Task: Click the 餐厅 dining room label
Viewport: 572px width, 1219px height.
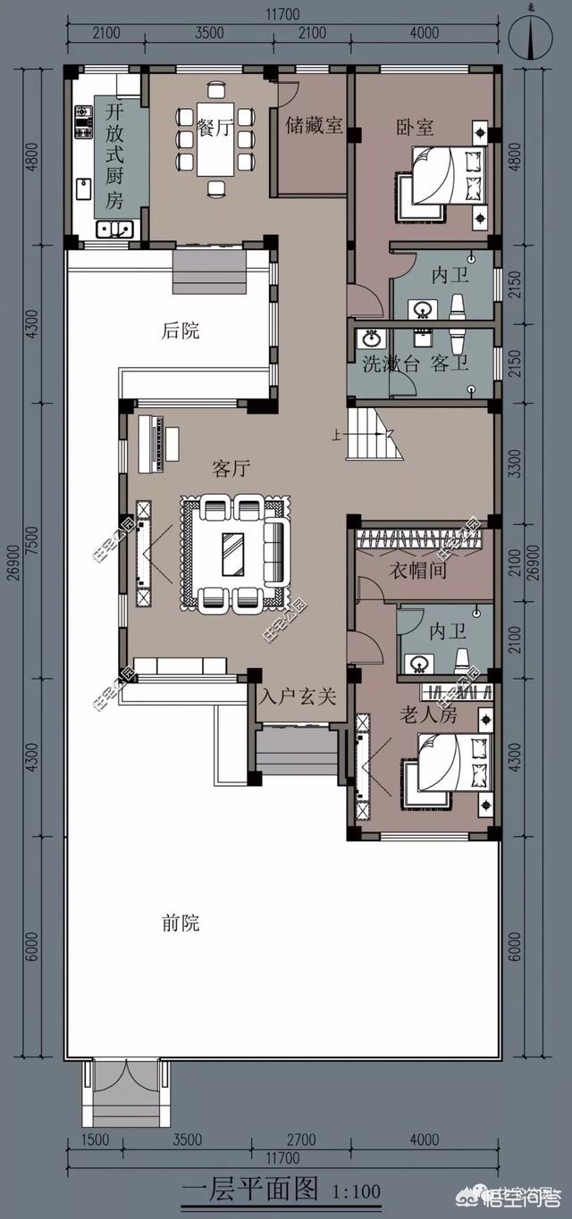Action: (214, 128)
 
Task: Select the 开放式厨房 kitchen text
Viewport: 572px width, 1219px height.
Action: (114, 156)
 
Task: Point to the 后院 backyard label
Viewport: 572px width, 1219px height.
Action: (181, 331)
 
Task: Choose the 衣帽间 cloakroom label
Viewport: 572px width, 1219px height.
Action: (417, 569)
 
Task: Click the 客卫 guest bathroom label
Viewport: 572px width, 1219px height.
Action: (450, 364)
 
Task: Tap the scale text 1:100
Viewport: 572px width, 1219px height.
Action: (356, 1191)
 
